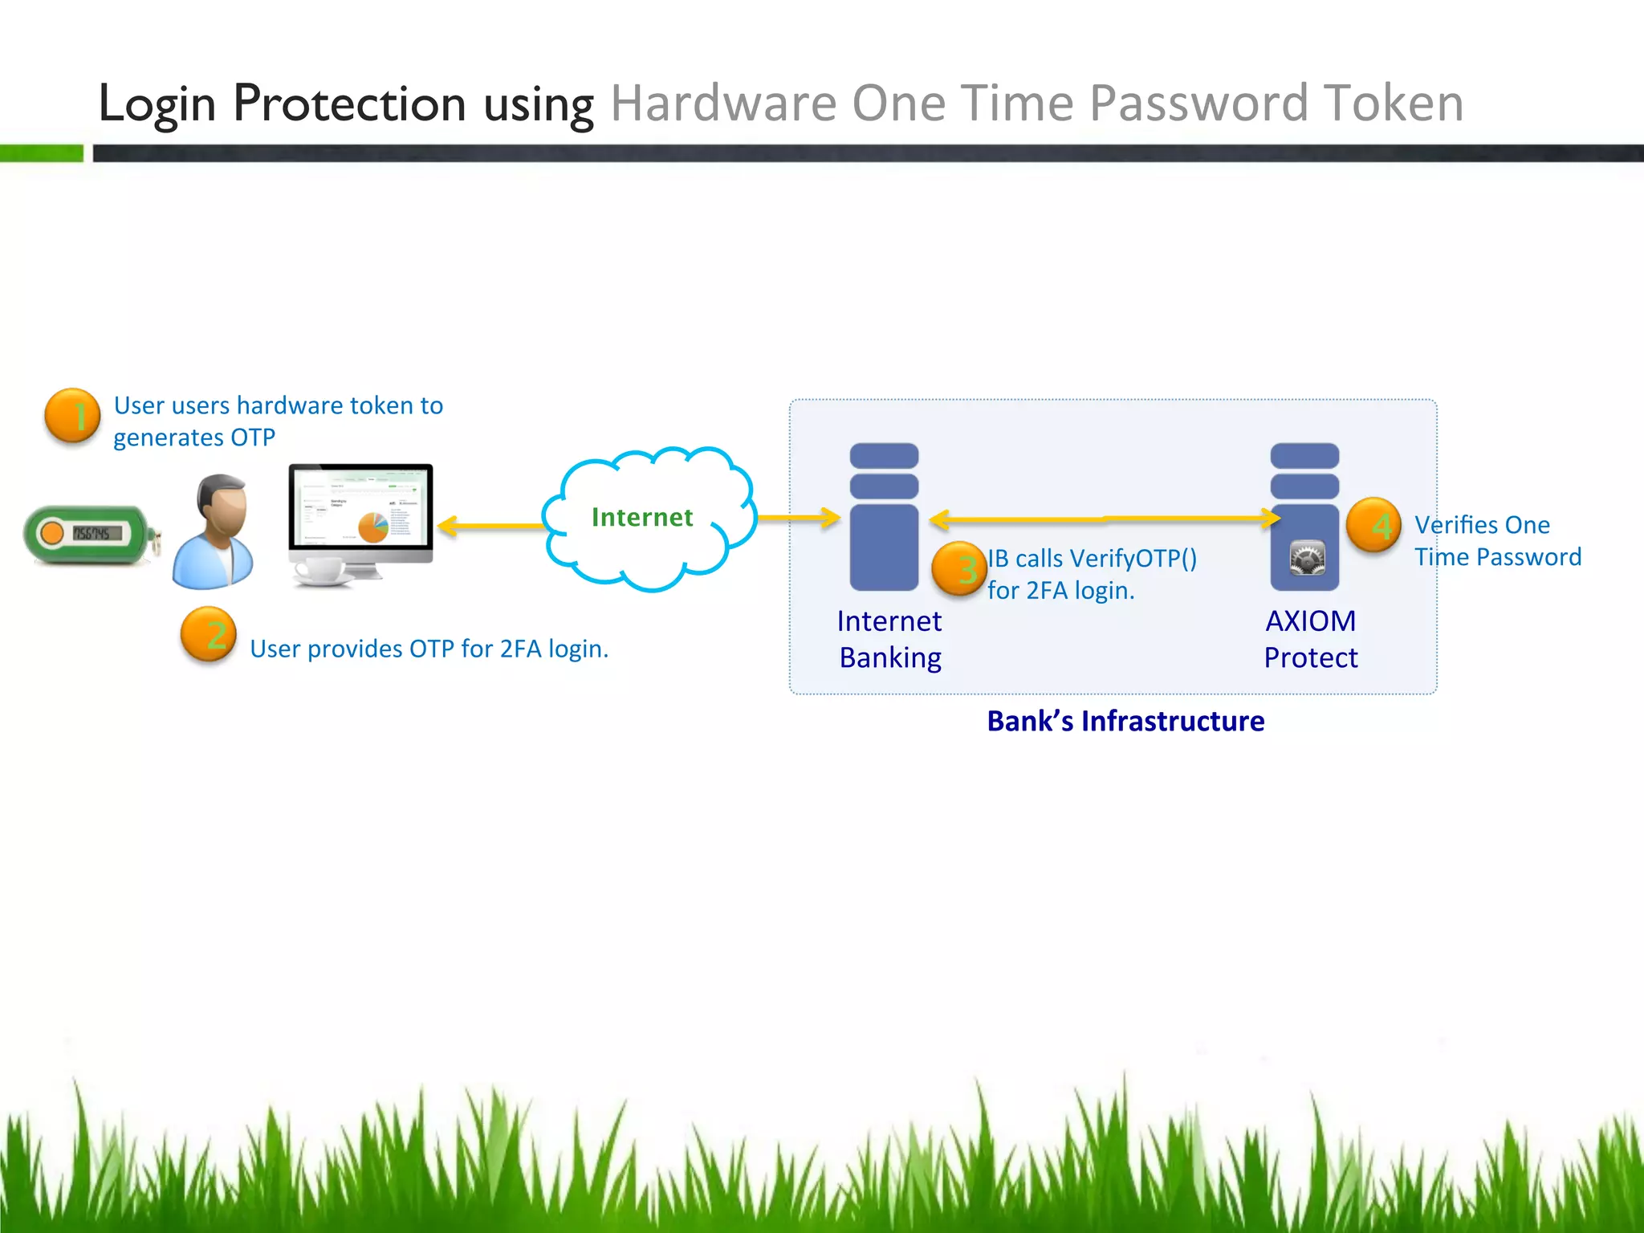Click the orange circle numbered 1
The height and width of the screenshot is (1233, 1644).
click(72, 416)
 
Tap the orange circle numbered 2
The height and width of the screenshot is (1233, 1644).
click(209, 634)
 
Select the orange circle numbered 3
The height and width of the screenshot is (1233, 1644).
click(959, 569)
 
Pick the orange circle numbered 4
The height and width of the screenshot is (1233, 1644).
click(1373, 526)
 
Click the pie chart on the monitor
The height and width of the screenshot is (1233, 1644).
click(373, 527)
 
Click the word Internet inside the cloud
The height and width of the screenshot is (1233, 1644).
click(642, 518)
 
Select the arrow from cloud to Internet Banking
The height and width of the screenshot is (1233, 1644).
click(798, 518)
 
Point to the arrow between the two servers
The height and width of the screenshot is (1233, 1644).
click(1105, 519)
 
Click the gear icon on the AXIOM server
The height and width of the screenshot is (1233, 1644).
click(1307, 558)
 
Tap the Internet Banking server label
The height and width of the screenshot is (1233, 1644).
click(889, 639)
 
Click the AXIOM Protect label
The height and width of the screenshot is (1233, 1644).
click(1310, 639)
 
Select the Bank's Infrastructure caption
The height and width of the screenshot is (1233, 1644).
click(1125, 721)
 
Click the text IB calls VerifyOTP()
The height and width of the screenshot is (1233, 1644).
click(1092, 558)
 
